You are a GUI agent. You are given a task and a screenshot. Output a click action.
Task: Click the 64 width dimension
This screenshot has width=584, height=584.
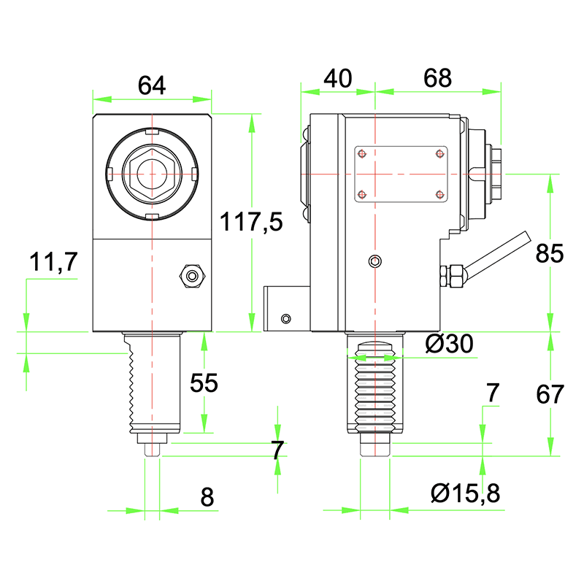point(152,85)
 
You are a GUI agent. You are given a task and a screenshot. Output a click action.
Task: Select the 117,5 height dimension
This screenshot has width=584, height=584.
point(252,221)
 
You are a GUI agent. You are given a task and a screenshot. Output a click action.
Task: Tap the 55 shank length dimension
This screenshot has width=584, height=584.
point(204,383)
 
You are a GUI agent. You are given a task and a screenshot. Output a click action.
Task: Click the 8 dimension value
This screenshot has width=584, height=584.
point(207,497)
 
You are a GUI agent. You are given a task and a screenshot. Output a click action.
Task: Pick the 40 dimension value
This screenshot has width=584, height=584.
point(337,78)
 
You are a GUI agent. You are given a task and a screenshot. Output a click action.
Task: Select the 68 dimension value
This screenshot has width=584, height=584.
point(437,78)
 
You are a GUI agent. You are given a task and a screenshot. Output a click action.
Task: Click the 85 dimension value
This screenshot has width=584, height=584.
point(550,253)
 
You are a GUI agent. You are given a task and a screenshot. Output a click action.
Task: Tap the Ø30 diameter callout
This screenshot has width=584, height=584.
point(449,343)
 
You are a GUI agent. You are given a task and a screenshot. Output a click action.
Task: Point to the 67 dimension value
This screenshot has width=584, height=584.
point(550,394)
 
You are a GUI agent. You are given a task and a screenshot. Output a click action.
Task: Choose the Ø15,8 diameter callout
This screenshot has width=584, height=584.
point(465,494)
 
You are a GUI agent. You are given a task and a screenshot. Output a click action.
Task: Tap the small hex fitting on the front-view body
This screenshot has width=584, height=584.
point(193,276)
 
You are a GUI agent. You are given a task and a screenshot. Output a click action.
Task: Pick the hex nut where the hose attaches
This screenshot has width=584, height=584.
point(454,276)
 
